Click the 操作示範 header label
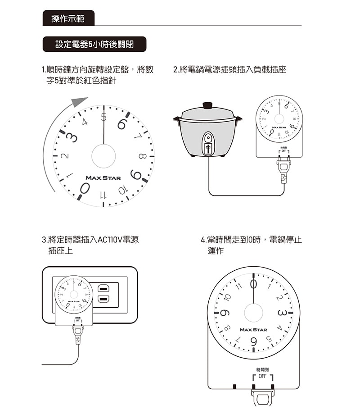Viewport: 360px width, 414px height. point(68,18)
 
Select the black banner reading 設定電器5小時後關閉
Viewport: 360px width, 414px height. point(94,44)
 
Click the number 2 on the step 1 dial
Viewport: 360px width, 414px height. point(66,156)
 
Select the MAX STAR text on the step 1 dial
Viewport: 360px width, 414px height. point(103,178)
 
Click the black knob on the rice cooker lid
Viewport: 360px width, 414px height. point(207,105)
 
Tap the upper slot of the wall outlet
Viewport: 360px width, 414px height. point(102,288)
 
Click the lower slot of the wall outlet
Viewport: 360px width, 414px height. point(102,300)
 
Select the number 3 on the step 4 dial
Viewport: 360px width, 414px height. point(282,313)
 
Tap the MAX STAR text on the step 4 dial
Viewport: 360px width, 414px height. point(253,330)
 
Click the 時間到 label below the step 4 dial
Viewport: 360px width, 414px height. point(263,369)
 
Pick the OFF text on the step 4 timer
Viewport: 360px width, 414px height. point(263,376)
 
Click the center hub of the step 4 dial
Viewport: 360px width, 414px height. point(253,313)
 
